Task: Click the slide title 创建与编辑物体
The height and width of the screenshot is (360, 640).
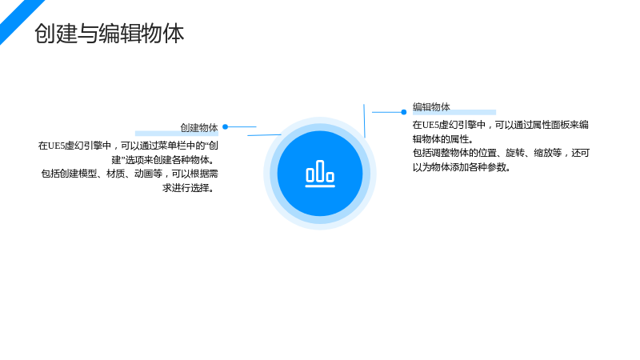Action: click(110, 34)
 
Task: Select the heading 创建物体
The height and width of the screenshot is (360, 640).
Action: click(199, 128)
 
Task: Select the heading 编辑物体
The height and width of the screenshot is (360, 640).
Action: click(431, 107)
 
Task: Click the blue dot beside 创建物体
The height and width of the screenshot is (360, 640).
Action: click(226, 127)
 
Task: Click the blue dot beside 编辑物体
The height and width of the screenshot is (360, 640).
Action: click(404, 112)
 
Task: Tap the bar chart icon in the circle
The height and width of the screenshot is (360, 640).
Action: click(320, 174)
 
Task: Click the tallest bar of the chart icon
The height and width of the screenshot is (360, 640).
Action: click(321, 170)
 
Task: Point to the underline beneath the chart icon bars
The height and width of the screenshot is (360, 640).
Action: click(320, 186)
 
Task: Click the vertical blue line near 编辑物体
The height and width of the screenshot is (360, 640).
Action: click(364, 121)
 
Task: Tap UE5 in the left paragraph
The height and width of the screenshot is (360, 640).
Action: click(57, 146)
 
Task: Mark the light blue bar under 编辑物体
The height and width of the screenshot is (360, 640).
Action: click(454, 112)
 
